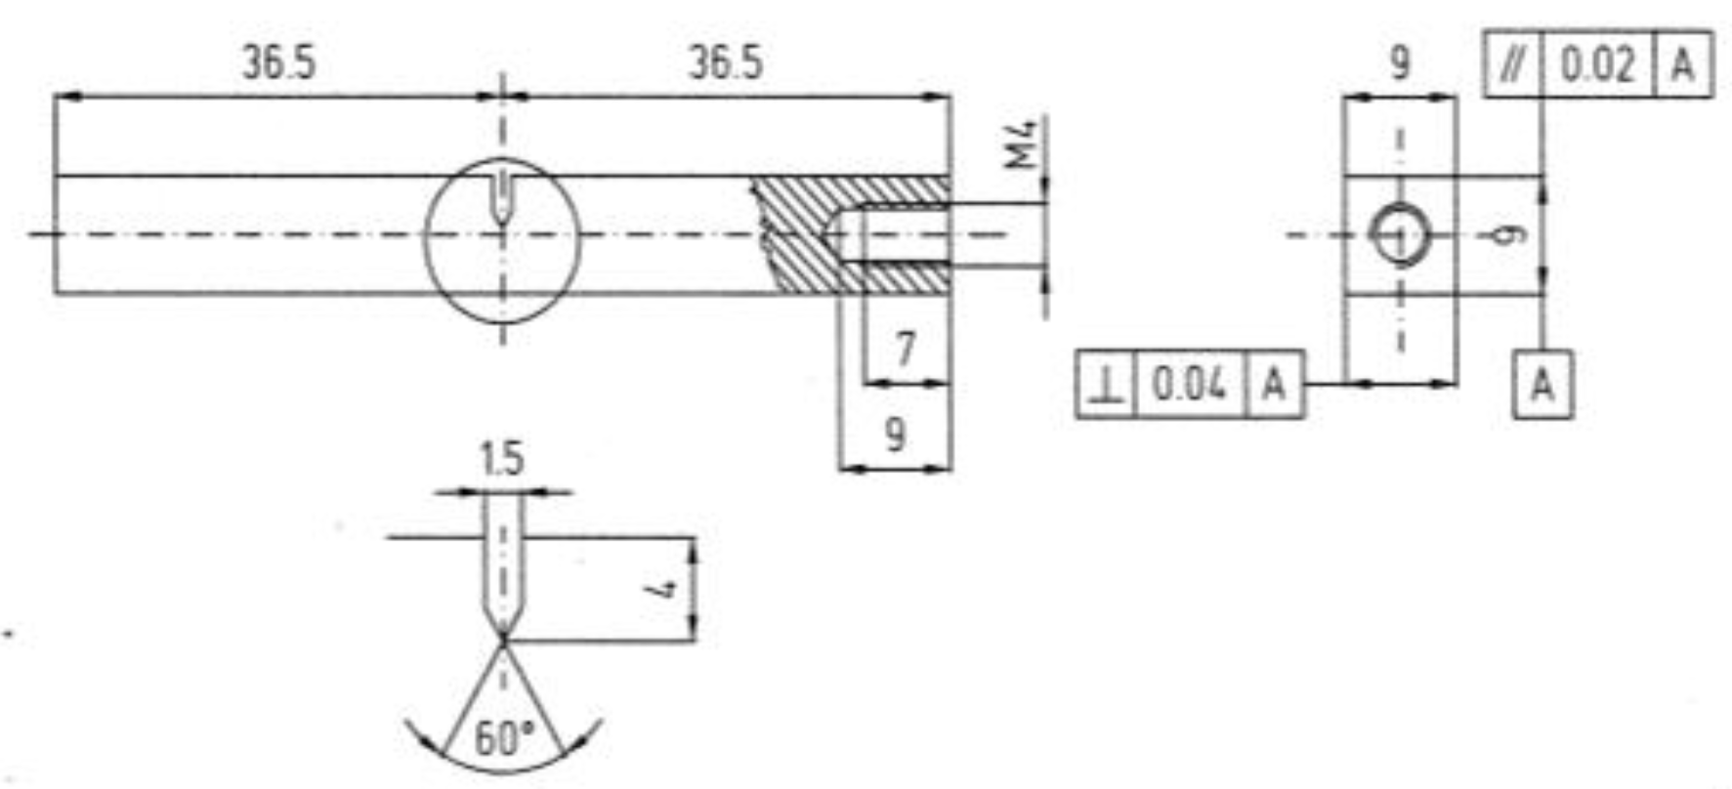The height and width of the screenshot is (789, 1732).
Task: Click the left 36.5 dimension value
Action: click(x=279, y=63)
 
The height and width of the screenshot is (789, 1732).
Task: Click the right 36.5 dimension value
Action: click(x=726, y=63)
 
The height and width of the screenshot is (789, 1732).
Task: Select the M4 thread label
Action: click(x=1023, y=143)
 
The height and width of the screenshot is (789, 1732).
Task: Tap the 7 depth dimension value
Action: click(x=907, y=348)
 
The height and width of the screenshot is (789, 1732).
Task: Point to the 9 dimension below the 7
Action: click(x=895, y=434)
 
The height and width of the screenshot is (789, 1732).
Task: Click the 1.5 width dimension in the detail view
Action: click(x=502, y=459)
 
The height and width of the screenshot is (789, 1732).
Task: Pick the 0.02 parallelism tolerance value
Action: click(x=1597, y=65)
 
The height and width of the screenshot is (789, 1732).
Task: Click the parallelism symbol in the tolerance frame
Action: click(x=1512, y=65)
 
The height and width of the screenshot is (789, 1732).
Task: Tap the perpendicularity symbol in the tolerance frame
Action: click(x=1106, y=385)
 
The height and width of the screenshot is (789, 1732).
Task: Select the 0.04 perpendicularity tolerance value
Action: click(x=1189, y=385)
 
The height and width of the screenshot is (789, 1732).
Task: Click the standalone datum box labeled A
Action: click(x=1542, y=385)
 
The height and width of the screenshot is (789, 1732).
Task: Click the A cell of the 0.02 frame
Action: click(x=1682, y=65)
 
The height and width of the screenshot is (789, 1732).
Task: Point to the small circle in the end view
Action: click(x=1400, y=235)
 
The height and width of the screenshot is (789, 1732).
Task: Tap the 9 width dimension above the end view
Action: click(x=1400, y=63)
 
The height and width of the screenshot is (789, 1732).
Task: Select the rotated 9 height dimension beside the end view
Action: click(x=1511, y=235)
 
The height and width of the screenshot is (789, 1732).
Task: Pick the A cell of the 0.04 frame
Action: click(x=1274, y=385)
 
